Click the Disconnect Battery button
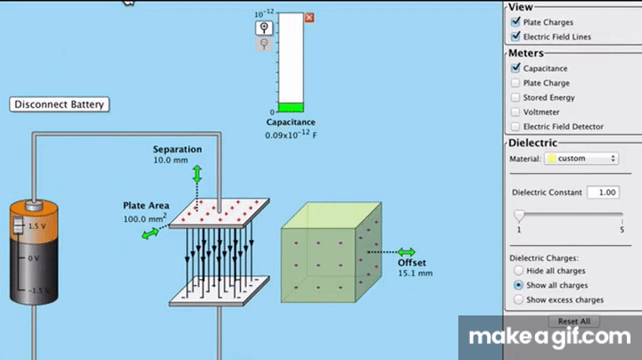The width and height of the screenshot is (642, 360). (60, 104)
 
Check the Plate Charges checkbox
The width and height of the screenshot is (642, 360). (515, 22)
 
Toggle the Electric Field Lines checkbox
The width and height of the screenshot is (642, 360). (515, 37)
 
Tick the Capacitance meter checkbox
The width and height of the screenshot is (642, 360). (515, 68)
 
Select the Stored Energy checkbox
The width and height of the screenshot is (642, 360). (515, 97)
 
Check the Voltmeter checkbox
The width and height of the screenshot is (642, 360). (515, 112)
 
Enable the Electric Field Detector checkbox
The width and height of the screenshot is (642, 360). (515, 127)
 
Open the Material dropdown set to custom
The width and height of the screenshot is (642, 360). (580, 159)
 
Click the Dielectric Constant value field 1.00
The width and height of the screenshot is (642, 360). (605, 192)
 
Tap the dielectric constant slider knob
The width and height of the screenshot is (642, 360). (518, 215)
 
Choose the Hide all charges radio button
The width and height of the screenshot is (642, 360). (518, 270)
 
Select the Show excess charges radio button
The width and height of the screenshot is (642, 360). (518, 300)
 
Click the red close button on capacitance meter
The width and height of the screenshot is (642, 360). (309, 18)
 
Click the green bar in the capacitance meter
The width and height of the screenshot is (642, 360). (291, 107)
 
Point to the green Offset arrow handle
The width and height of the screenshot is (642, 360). (407, 252)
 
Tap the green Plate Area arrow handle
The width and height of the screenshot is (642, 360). (148, 233)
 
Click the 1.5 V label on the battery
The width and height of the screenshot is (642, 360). (37, 226)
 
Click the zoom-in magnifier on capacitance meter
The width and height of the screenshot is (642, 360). (265, 28)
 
